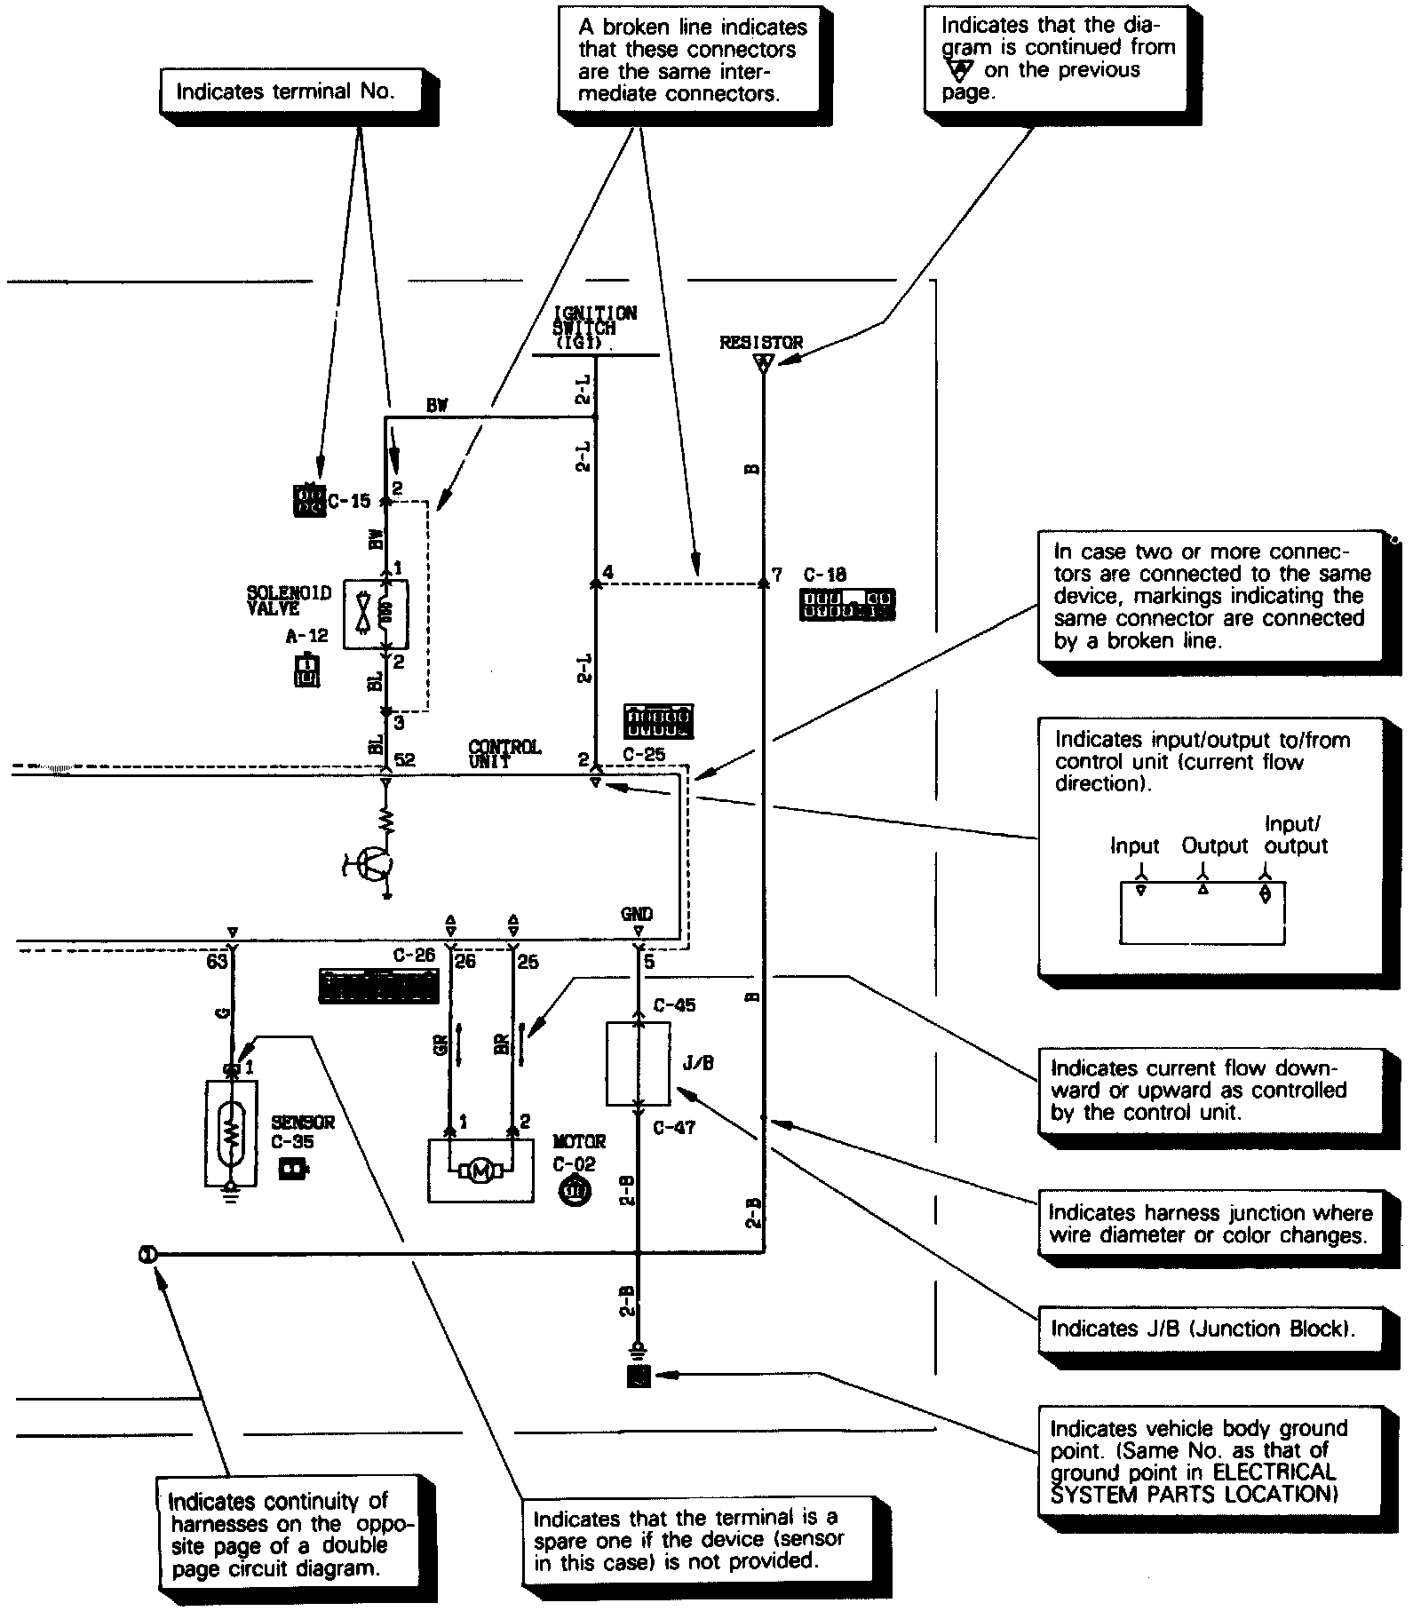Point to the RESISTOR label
pos(761,342)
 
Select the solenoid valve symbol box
pos(376,615)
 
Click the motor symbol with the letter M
pos(480,1171)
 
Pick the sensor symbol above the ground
pos(231,1132)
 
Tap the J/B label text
pos(700,1063)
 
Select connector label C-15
pos(349,502)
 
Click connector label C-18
pos(825,575)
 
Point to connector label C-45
pos(674,1006)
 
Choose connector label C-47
pos(674,1128)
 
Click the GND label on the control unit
pos(637,914)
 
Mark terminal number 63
pos(217,962)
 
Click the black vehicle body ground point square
pos(639,1377)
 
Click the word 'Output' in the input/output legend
pos(1214,846)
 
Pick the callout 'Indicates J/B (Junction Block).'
pos(1203,1329)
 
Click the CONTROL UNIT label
pos(504,754)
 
